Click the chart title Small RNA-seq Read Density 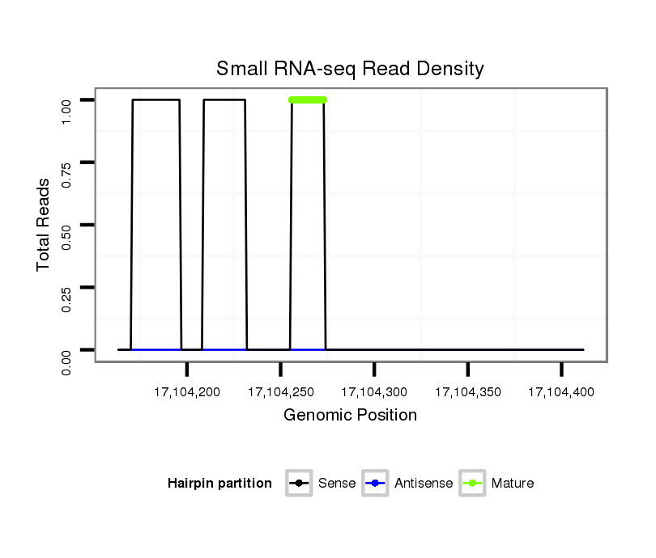pyautogui.click(x=350, y=69)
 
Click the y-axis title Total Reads pyautogui.click(x=45, y=225)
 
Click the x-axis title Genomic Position pyautogui.click(x=350, y=416)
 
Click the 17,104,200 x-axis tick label pyautogui.click(x=186, y=392)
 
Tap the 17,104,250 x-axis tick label pyautogui.click(x=280, y=392)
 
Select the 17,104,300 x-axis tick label pyautogui.click(x=374, y=392)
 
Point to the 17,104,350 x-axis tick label pyautogui.click(x=468, y=392)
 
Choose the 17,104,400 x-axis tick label pyautogui.click(x=561, y=392)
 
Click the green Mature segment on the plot pyautogui.click(x=308, y=99)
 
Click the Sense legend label pyautogui.click(x=337, y=484)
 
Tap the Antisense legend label pyautogui.click(x=424, y=484)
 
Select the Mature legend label pyautogui.click(x=512, y=484)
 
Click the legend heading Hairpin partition pyautogui.click(x=219, y=484)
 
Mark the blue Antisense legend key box pyautogui.click(x=377, y=484)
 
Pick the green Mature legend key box pyautogui.click(x=472, y=484)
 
